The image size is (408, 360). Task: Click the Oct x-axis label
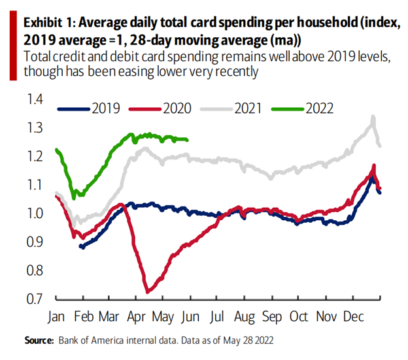[x=299, y=318]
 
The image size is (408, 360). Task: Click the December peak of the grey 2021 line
[x=373, y=118]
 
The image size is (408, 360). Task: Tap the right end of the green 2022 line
[x=188, y=139]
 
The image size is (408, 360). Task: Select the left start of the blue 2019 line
[x=80, y=246]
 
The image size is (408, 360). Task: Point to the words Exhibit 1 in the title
[x=46, y=24]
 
